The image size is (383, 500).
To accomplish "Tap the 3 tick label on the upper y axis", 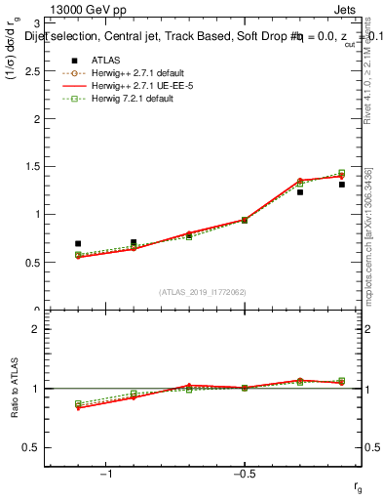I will click(37, 23).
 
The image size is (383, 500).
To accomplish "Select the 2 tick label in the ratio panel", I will click(37, 329).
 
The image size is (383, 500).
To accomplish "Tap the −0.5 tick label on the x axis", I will click(242, 474).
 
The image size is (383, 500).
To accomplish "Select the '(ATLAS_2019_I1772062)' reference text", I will click(204, 292).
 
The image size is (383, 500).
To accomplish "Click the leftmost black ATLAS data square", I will click(78, 243).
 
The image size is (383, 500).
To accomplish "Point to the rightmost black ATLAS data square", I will click(342, 185).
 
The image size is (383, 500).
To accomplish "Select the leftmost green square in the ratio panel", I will click(78, 403).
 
